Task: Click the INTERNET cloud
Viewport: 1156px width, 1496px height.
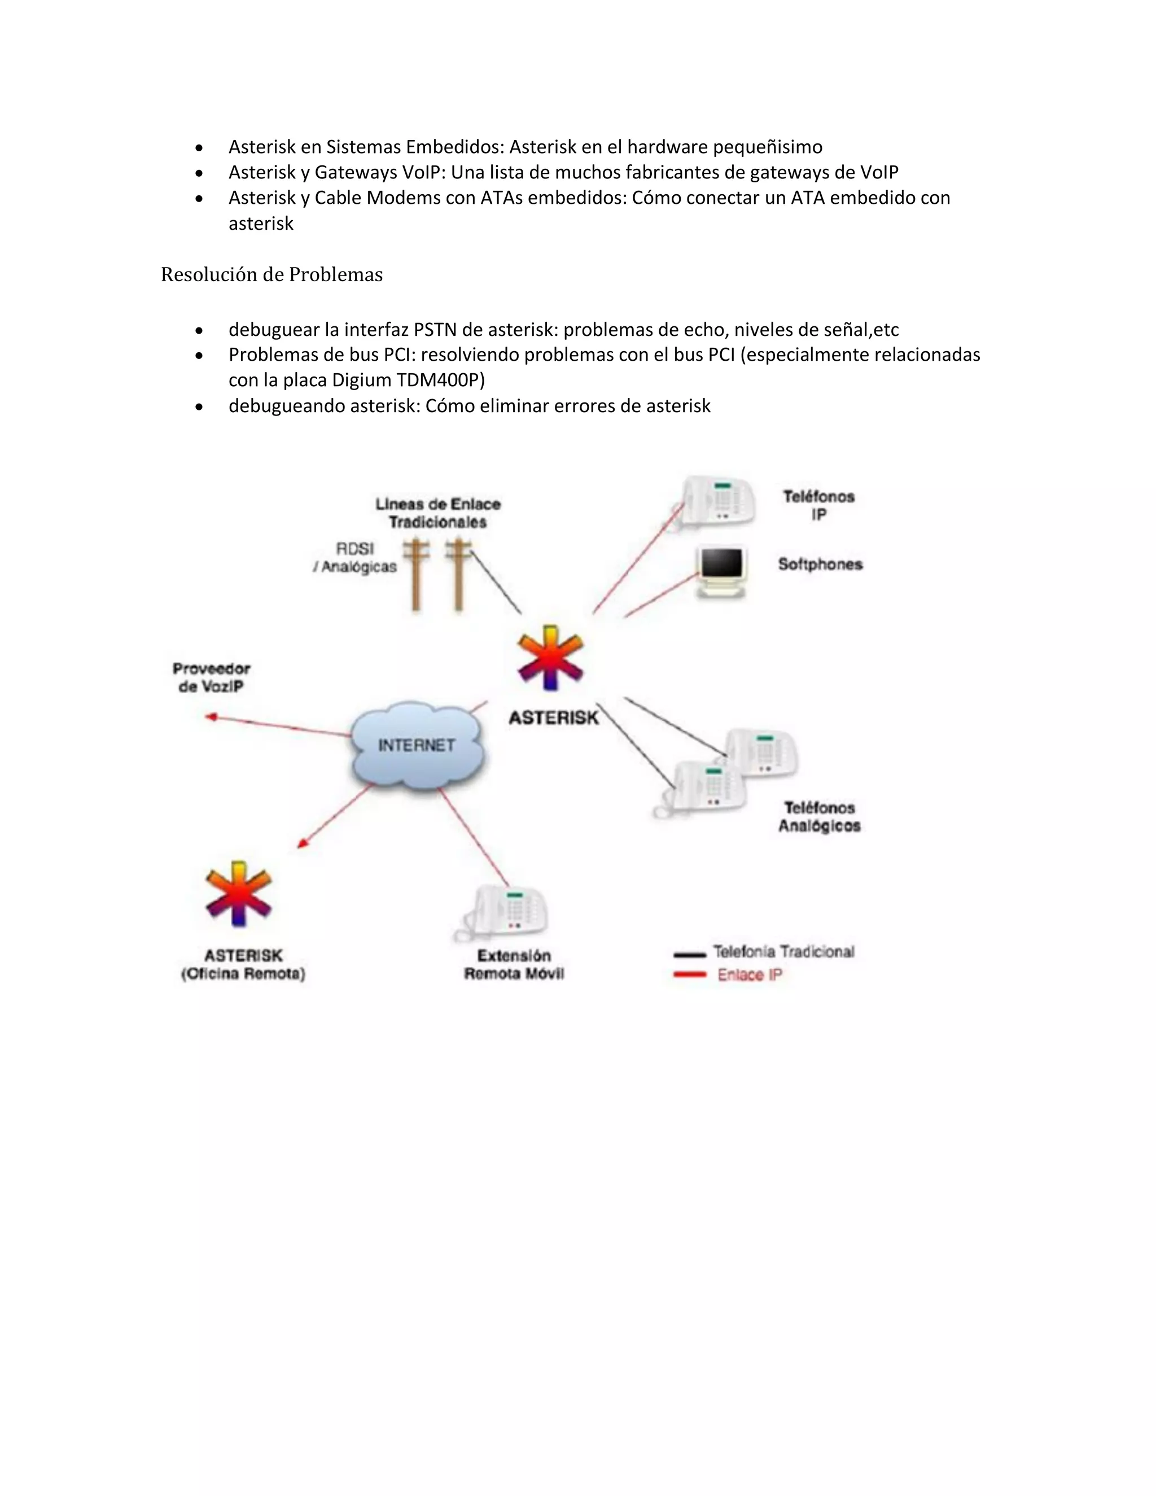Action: point(417,745)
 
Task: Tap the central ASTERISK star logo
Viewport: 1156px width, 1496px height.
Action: point(550,658)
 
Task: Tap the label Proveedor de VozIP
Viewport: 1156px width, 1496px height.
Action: point(211,677)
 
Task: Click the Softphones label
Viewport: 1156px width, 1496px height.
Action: point(820,565)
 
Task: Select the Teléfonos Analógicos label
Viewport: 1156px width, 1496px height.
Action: point(819,816)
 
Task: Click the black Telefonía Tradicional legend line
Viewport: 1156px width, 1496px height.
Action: point(689,954)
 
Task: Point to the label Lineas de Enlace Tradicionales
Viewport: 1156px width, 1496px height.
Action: point(437,513)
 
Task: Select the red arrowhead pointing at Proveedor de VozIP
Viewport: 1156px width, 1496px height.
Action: point(212,716)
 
